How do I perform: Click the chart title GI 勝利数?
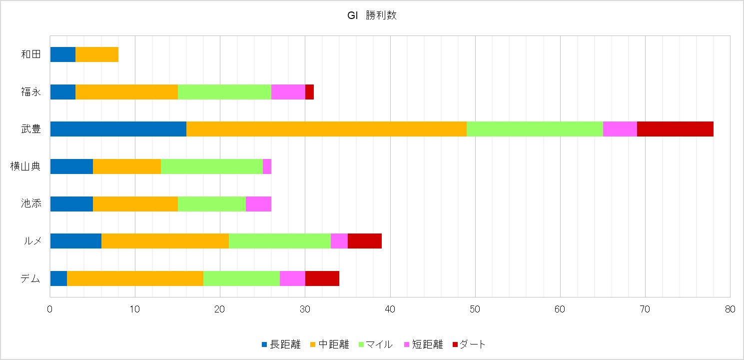click(x=372, y=15)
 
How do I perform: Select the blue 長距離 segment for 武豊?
click(x=118, y=128)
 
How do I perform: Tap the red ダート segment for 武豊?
click(x=675, y=128)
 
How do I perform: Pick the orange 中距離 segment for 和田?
click(x=97, y=54)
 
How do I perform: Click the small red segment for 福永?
click(x=309, y=92)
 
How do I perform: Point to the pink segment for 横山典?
click(x=267, y=166)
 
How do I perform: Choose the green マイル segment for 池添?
click(x=212, y=203)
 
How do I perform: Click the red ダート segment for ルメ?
click(x=365, y=241)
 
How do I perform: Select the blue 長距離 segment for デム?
click(x=58, y=278)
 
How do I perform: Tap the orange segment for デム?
click(x=135, y=278)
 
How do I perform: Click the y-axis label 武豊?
click(x=31, y=129)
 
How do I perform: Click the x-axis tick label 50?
click(x=475, y=309)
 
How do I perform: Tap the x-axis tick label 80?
click(x=730, y=309)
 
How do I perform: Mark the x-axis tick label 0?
click(x=50, y=309)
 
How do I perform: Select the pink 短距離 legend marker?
click(x=407, y=344)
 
